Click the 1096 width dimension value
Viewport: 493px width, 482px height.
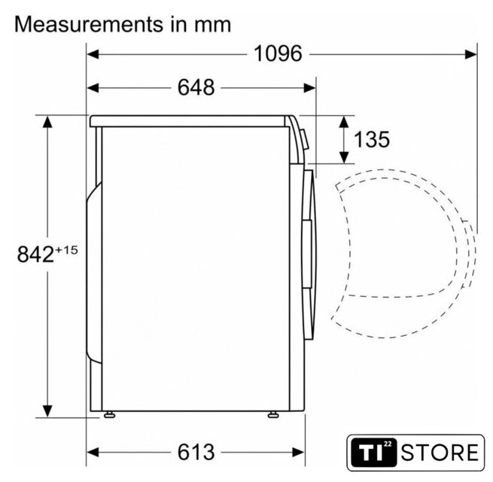pyautogui.click(x=278, y=53)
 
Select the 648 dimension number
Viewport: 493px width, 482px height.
pyautogui.click(x=196, y=87)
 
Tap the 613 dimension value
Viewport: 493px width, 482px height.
pyautogui.click(x=196, y=452)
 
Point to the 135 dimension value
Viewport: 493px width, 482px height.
pyautogui.click(x=372, y=139)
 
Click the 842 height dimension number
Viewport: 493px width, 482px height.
pyautogui.click(x=35, y=255)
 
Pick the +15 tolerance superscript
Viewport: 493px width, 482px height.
pyautogui.click(x=66, y=250)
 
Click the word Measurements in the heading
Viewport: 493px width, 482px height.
pyautogui.click(x=89, y=24)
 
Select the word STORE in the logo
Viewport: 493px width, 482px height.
pyautogui.click(x=440, y=453)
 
